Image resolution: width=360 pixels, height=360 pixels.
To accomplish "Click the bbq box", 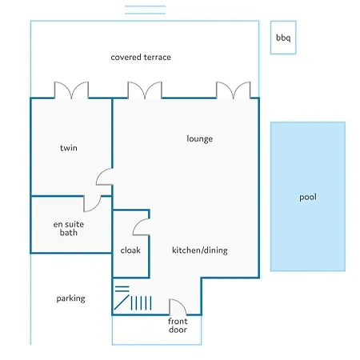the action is pyautogui.click(x=283, y=38).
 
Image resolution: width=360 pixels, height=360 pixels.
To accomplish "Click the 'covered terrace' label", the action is pyautogui.click(x=141, y=57).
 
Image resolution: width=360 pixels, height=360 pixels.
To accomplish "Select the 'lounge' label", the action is pyautogui.click(x=200, y=139).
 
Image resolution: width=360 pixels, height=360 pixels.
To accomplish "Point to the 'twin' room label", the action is pyautogui.click(x=69, y=148).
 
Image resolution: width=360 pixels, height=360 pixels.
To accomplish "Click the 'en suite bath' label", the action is pyautogui.click(x=69, y=228).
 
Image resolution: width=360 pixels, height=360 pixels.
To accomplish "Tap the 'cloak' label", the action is pyautogui.click(x=130, y=250).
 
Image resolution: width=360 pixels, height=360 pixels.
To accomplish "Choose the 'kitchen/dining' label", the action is pyautogui.click(x=200, y=250).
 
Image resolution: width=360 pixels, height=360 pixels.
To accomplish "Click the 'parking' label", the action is pyautogui.click(x=70, y=298).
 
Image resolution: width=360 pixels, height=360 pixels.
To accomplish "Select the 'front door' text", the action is pyautogui.click(x=178, y=326).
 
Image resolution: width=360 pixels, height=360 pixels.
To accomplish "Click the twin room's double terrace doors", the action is pyautogui.click(x=71, y=90).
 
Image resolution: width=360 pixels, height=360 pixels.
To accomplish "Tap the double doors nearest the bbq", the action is pyautogui.click(x=234, y=90).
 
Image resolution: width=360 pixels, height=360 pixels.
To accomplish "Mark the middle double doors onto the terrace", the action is pyautogui.click(x=145, y=90).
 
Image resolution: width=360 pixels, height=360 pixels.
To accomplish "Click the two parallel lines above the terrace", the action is pyautogui.click(x=145, y=10).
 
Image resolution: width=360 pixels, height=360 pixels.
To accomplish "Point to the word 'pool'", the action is pyautogui.click(x=308, y=198).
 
